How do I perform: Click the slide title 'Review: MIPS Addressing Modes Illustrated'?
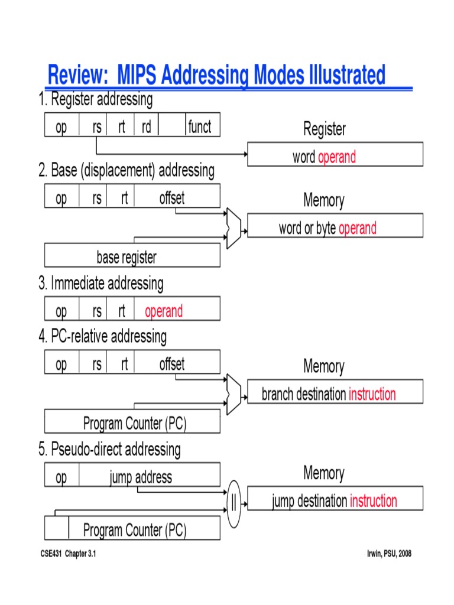click(x=216, y=76)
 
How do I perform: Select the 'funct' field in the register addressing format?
click(x=200, y=125)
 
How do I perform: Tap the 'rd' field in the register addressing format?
click(x=147, y=125)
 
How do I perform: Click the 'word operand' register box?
click(x=335, y=155)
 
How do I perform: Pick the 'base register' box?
click(x=132, y=256)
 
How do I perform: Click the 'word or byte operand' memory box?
click(x=335, y=226)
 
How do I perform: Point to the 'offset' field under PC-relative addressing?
click(x=172, y=363)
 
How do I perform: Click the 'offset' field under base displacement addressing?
click(x=172, y=197)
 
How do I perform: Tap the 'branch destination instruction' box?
click(x=335, y=392)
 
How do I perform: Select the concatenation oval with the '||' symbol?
click(x=234, y=503)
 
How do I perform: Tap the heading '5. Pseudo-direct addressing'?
click(x=109, y=450)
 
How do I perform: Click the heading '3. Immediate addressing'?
click(x=100, y=284)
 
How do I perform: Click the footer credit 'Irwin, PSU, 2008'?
click(x=389, y=554)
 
